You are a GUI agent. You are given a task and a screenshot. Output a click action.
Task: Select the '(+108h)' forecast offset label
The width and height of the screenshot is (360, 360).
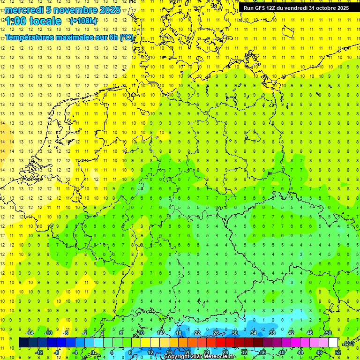coord(83,21)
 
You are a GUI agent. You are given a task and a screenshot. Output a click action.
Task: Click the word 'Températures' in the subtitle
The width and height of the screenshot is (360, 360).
coord(30,37)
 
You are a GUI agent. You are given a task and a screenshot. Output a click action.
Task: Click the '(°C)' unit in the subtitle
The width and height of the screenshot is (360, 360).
coord(126,37)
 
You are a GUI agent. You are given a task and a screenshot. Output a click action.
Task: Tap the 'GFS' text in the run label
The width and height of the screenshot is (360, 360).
coord(262,8)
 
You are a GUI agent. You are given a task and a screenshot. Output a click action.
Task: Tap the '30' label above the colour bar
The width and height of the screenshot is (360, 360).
coord(235,333)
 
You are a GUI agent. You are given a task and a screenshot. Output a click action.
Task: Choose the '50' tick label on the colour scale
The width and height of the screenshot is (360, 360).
coord(329,333)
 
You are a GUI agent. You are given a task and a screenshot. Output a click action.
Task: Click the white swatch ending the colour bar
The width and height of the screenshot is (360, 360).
coord(333,343)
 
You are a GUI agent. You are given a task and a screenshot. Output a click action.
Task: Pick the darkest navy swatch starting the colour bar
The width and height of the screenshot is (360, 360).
coord(23,343)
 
